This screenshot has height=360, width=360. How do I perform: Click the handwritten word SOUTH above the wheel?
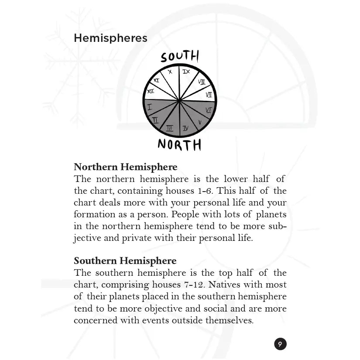179,57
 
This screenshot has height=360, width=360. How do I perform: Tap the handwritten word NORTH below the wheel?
179,144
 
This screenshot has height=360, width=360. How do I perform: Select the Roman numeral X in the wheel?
170,72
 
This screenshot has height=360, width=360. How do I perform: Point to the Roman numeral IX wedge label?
186,71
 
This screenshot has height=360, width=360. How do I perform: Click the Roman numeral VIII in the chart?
201,82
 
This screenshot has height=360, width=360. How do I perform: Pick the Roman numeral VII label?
209,94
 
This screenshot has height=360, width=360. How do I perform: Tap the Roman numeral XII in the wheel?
151,91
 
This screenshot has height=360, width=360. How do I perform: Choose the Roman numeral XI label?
156,80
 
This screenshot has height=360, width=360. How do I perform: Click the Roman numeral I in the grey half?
150,106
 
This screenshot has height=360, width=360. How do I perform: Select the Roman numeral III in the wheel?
169,128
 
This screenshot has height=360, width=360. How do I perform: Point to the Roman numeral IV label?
185,128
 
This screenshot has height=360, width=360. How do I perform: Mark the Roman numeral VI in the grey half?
208,110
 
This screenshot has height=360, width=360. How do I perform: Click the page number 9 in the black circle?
280,344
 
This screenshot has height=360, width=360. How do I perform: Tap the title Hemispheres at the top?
110,38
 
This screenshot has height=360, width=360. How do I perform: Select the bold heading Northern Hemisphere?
125,167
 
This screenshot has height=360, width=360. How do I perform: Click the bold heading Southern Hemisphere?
125,261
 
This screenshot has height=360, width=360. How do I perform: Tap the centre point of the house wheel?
179,101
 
